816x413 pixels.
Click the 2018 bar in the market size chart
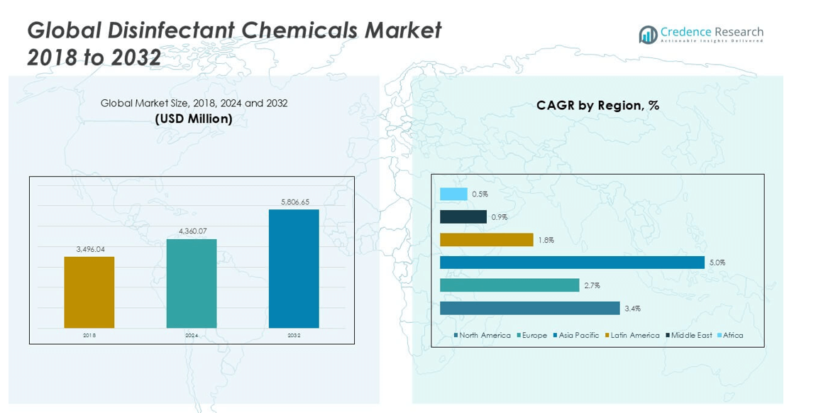pyautogui.click(x=89, y=292)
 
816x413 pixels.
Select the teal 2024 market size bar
pyautogui.click(x=192, y=283)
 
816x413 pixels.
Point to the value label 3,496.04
pyautogui.click(x=89, y=249)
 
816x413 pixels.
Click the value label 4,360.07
pyautogui.click(x=192, y=231)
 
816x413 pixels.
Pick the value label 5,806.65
pyautogui.click(x=294, y=202)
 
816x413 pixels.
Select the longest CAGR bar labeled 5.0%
pyautogui.click(x=572, y=263)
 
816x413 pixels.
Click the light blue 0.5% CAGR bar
pyautogui.click(x=453, y=194)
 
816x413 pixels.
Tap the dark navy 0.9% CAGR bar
pyautogui.click(x=463, y=216)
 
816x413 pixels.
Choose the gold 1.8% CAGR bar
pyautogui.click(x=487, y=240)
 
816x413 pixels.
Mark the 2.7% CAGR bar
pyautogui.click(x=509, y=285)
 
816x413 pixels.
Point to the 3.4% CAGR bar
pyautogui.click(x=529, y=308)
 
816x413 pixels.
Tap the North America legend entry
pyautogui.click(x=484, y=335)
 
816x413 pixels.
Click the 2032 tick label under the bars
pyautogui.click(x=294, y=336)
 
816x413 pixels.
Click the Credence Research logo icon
pyautogui.click(x=647, y=35)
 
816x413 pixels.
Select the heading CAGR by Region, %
pyautogui.click(x=597, y=105)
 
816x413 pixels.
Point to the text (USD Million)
pyautogui.click(x=194, y=119)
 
